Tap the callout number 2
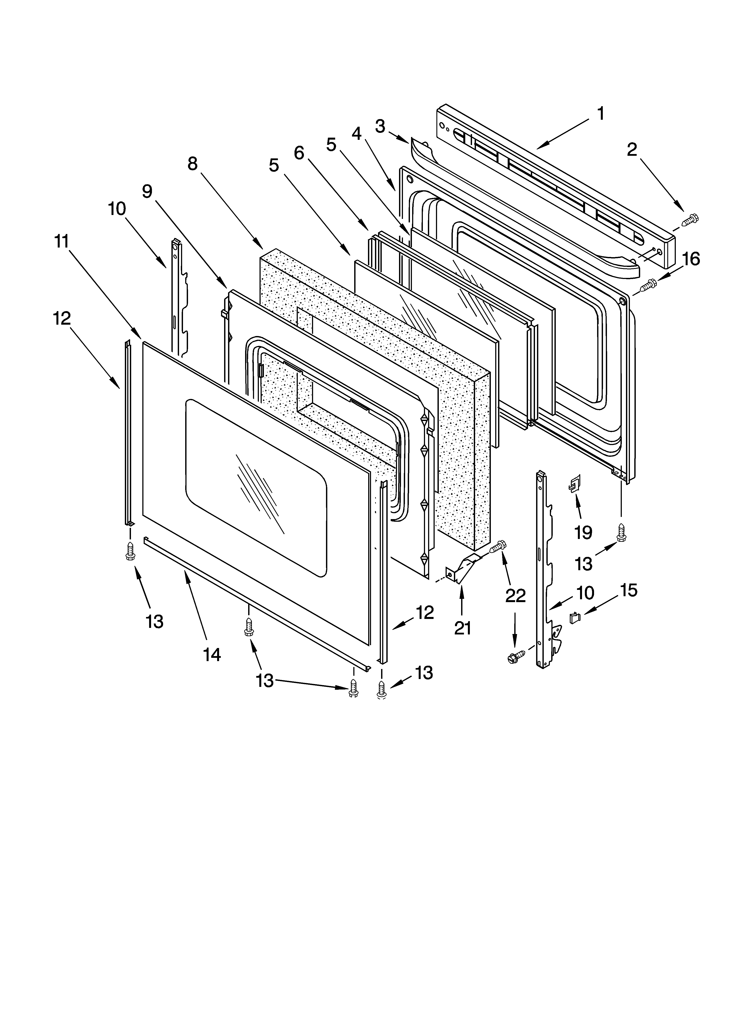(632, 150)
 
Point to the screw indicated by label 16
(647, 286)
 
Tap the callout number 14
(212, 655)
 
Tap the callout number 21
(462, 628)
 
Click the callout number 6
(299, 153)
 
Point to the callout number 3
(380, 126)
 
